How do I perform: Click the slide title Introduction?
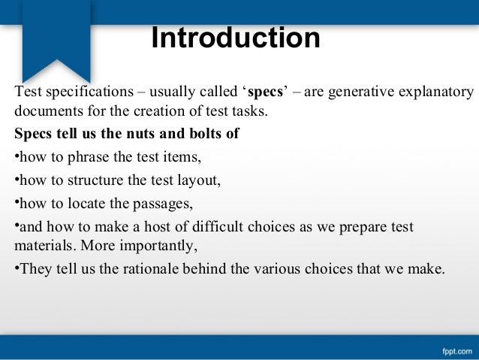pos(236,39)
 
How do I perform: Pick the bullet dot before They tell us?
pos(17,268)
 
